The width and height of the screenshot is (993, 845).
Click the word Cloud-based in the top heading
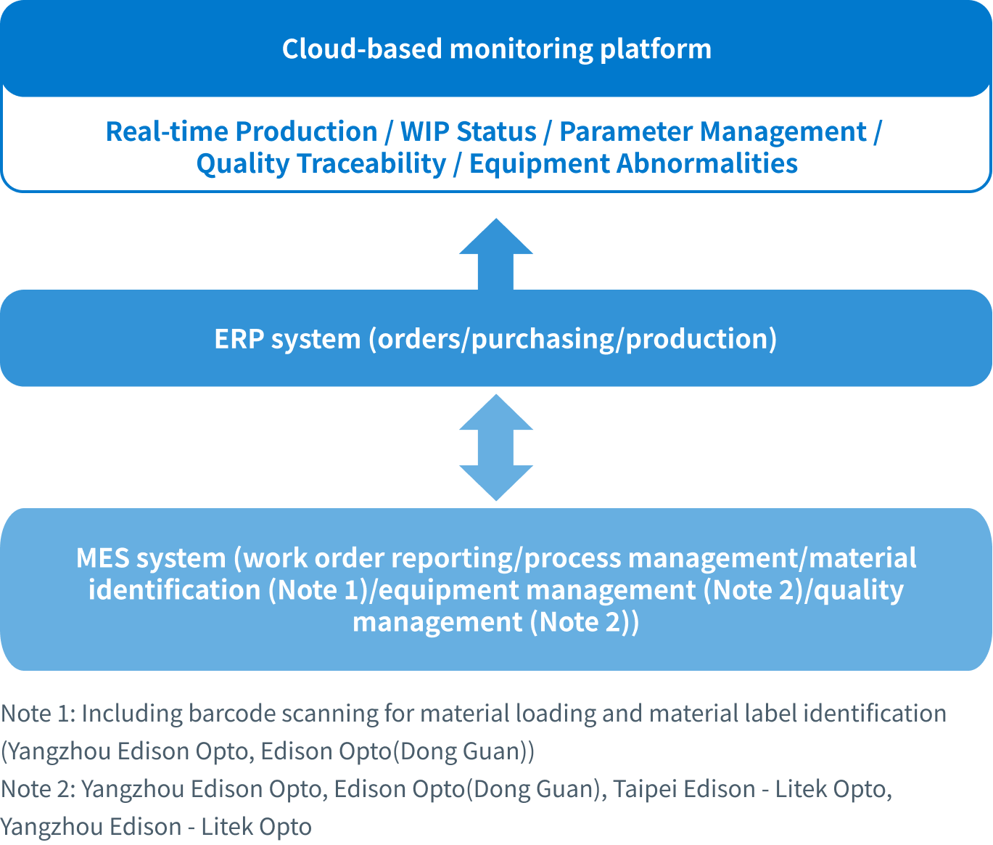click(x=361, y=49)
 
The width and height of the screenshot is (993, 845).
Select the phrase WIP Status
click(x=468, y=131)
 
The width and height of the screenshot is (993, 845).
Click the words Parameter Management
click(x=713, y=131)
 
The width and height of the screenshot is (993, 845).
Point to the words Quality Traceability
click(x=321, y=163)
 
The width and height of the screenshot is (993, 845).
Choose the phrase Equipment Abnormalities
click(x=633, y=163)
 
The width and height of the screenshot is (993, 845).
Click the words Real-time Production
click(x=242, y=131)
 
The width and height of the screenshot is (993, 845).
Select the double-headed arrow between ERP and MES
click(x=496, y=447)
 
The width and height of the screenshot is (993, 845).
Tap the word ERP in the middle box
click(x=239, y=339)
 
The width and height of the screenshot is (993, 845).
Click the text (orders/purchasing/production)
click(x=573, y=339)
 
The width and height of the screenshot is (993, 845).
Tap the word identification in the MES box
click(x=174, y=590)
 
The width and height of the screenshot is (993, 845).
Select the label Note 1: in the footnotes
click(x=37, y=714)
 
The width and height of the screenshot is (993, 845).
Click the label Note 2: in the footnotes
click(x=38, y=789)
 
